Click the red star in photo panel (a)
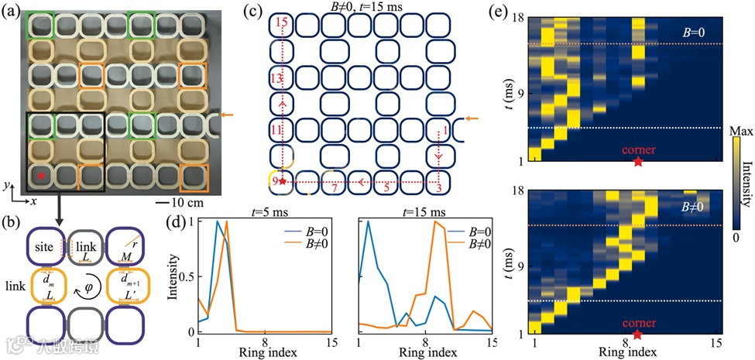click(x=41, y=177)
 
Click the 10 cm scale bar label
click(x=193, y=203)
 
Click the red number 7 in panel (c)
click(x=333, y=188)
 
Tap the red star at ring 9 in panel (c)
click(x=283, y=181)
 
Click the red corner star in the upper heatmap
click(x=637, y=161)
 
